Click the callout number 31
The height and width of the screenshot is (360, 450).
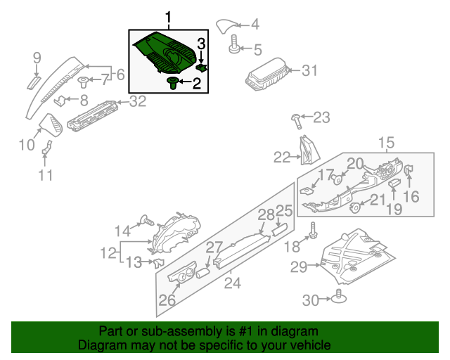click(310, 70)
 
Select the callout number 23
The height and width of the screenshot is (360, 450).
click(321, 117)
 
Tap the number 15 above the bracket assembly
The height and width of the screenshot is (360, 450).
click(387, 144)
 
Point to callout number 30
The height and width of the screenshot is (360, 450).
click(310, 300)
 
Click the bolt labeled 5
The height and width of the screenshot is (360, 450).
click(233, 48)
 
